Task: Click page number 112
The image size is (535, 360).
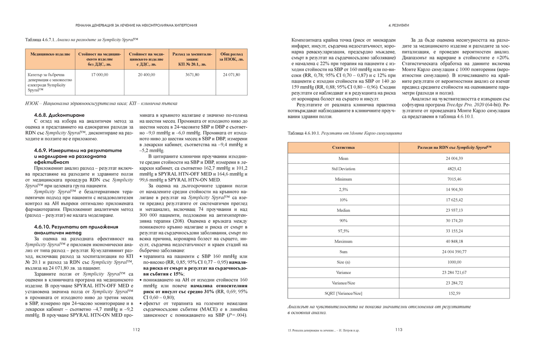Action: (136, 330)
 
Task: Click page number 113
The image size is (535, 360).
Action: (399, 330)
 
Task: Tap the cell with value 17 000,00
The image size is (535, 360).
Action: (99, 75)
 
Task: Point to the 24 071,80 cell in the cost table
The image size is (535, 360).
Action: (231, 75)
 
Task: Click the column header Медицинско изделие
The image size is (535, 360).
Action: (50, 54)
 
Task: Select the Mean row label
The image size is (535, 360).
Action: (343, 158)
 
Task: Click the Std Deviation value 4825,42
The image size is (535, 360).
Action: (454, 169)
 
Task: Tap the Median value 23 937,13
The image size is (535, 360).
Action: (454, 210)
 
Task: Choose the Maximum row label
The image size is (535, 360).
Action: (343, 241)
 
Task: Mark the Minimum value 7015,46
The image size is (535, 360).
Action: (454, 179)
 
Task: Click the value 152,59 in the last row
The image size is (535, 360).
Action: (454, 293)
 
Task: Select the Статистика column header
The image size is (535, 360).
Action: (343, 147)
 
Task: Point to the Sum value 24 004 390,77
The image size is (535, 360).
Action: (454, 252)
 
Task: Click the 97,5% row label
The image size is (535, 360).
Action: (343, 231)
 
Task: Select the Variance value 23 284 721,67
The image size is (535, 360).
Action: (454, 272)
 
